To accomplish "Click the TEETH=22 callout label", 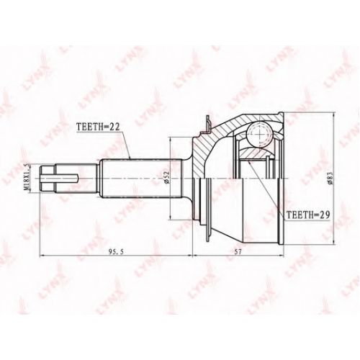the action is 98,126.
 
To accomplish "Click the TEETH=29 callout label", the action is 309,215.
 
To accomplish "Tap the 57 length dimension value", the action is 238,251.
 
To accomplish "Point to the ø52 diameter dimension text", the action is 167,178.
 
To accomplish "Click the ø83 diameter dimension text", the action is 330,178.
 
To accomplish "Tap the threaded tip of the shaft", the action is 48,178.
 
